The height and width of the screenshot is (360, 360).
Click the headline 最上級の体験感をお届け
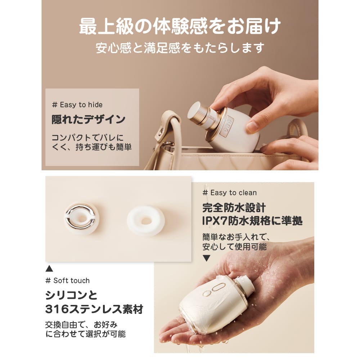click(180, 26)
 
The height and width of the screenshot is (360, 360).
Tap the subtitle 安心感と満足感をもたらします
click(180, 48)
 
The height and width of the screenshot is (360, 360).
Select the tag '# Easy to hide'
click(77, 105)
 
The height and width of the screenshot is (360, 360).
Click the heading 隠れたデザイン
click(89, 120)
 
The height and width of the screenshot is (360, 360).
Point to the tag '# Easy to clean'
click(230, 193)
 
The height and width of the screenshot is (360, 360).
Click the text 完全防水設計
click(234, 208)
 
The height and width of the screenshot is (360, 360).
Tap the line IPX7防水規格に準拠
click(252, 221)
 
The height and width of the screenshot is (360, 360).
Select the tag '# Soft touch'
click(68, 280)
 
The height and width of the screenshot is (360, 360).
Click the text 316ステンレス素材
click(94, 309)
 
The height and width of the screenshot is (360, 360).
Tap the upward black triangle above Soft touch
click(49, 269)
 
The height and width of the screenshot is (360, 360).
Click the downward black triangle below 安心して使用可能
click(206, 258)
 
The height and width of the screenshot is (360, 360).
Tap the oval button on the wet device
click(218, 287)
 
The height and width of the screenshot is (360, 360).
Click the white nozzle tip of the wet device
click(246, 284)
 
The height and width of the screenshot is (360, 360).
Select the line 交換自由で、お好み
click(81, 325)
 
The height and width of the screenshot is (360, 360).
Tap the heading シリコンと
click(71, 296)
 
